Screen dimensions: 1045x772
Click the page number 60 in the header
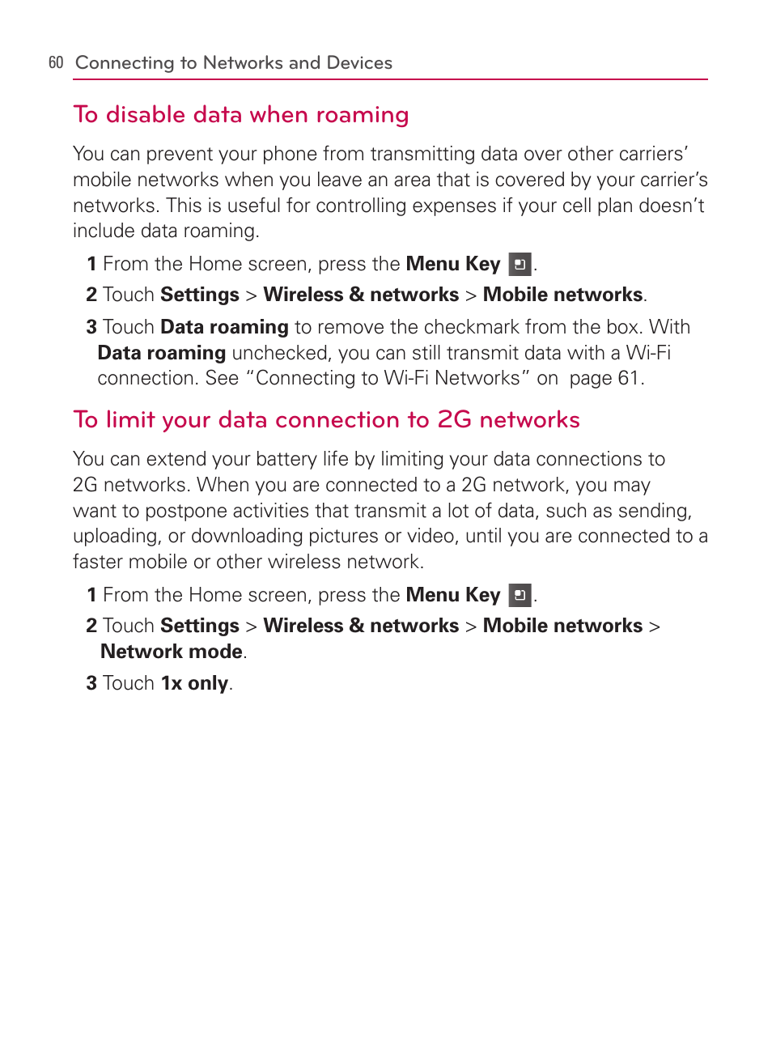point(56,63)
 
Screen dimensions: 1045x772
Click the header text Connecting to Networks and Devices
point(233,63)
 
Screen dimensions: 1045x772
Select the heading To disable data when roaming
point(240,115)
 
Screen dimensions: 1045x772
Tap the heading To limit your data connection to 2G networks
point(326,420)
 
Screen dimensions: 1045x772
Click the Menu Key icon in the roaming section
point(520,265)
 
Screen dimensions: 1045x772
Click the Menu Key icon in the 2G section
point(520,596)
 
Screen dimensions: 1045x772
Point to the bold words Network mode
point(171,652)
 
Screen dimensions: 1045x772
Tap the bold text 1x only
point(194,683)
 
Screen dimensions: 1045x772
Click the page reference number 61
point(628,378)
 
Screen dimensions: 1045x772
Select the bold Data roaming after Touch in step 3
point(224,327)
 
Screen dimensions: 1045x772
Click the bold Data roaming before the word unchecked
point(161,353)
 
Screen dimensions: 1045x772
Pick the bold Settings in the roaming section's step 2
point(200,295)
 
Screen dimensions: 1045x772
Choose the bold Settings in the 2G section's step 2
point(200,626)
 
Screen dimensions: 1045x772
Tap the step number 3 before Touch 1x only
point(91,683)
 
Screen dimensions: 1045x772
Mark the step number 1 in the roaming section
point(91,265)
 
